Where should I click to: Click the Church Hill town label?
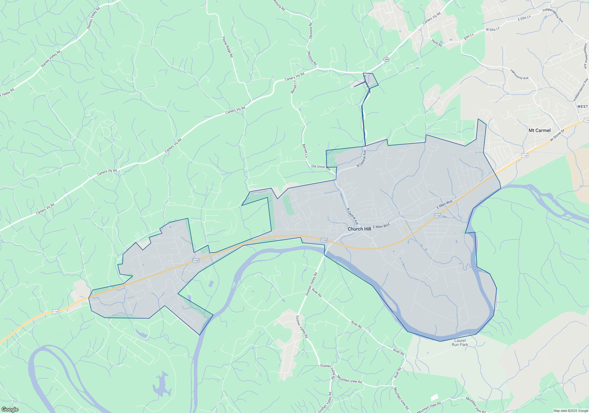359,229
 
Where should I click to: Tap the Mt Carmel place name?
540,130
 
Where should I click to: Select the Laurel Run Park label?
460,342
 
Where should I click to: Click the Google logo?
10,409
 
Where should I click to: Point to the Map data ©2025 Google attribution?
571,411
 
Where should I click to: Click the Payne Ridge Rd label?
227,47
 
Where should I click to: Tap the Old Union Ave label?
321,167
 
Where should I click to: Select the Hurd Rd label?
437,43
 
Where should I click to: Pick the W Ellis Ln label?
493,29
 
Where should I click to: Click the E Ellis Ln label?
524,18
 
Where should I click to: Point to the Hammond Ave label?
519,74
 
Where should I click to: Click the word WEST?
583,106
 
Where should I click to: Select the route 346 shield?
386,59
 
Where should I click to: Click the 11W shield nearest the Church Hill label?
324,240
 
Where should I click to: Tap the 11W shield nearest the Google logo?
56,312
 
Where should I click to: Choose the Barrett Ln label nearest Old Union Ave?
305,151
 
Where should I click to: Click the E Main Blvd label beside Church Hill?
381,226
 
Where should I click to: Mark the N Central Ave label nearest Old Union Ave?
361,159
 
